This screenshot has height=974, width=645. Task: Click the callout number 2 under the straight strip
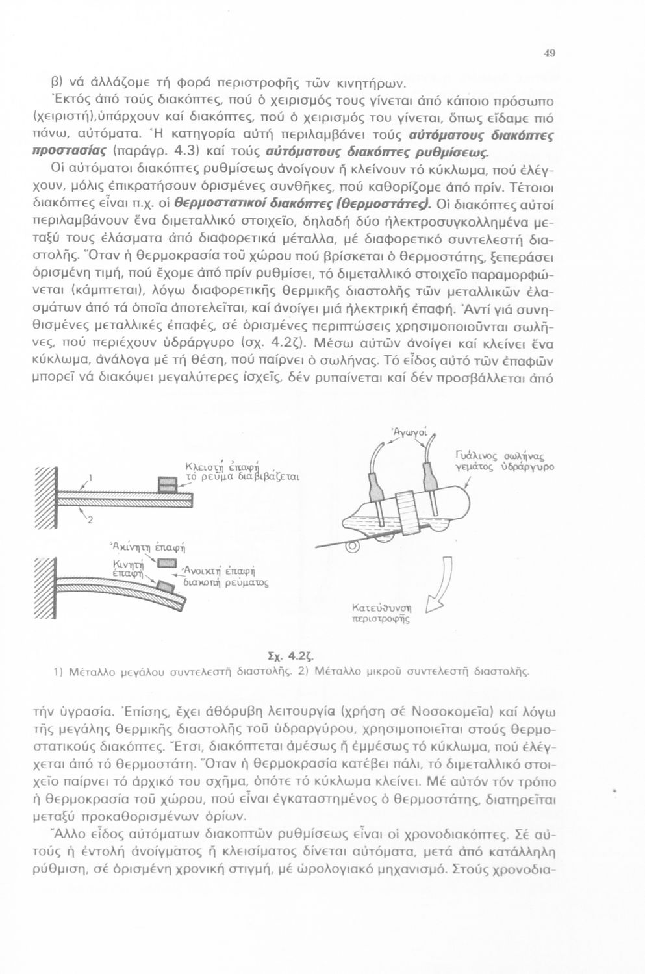90,519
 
